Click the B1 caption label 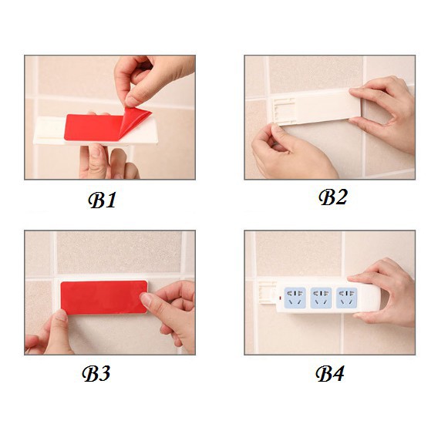point(102,200)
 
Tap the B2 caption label point(333,197)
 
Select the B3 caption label point(96,373)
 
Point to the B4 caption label point(330,373)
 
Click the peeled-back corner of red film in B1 point(136,120)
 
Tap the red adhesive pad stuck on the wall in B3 point(104,297)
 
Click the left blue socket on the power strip point(295,298)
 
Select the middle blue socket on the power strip point(321,298)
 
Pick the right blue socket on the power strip point(346,298)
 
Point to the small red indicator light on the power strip point(280,298)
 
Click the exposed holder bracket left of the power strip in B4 point(268,293)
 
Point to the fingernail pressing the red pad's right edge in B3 point(146,299)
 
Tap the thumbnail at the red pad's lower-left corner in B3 point(61,315)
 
